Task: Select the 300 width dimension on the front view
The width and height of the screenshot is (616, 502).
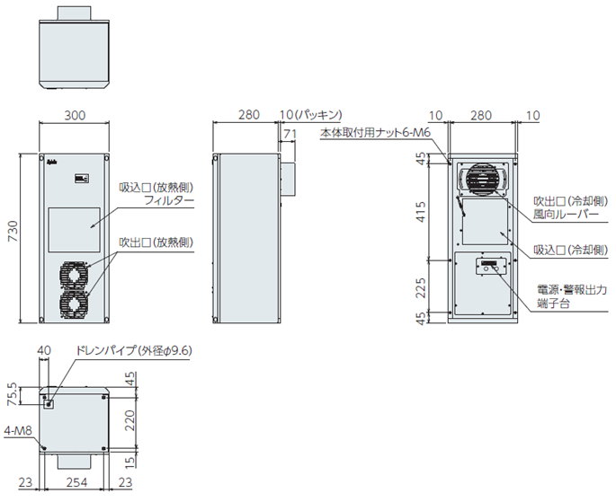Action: [75, 115]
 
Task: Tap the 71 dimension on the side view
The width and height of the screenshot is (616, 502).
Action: [289, 134]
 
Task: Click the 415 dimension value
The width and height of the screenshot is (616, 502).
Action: [421, 214]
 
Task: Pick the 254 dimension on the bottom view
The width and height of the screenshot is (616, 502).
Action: [76, 483]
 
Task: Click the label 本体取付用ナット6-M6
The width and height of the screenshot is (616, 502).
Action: [377, 134]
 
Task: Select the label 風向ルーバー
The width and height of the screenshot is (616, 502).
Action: [566, 214]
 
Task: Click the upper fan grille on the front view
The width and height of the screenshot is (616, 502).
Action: [75, 272]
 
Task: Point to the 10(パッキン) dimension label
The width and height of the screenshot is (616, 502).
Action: [310, 115]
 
